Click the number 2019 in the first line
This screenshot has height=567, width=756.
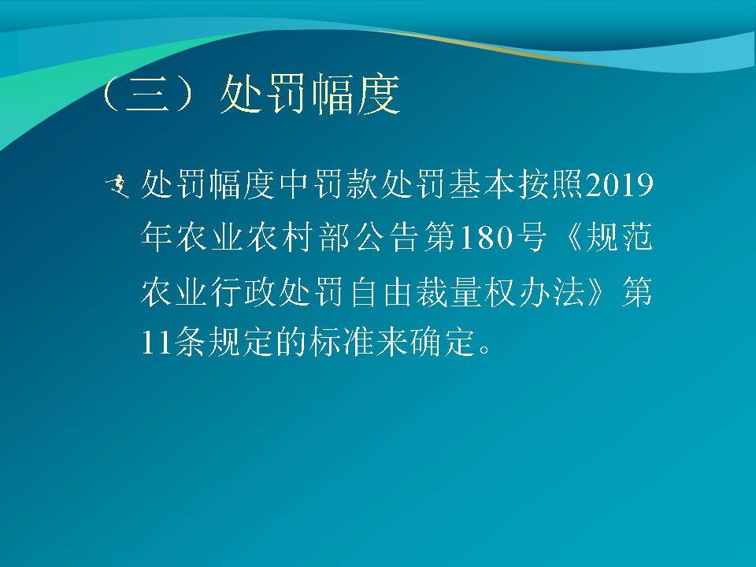coord(620,184)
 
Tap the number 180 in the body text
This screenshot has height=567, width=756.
coord(486,238)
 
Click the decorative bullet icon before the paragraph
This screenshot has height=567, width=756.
coord(117,187)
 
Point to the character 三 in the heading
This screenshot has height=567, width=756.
coord(147,94)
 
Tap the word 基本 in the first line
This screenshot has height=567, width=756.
coord(484,184)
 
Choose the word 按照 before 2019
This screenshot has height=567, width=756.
coord(551,184)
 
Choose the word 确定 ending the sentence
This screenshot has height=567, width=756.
coord(443,343)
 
